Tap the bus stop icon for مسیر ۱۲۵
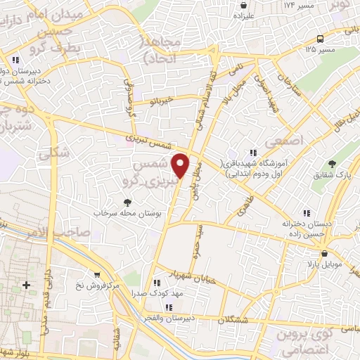pyautogui.click(x=320, y=38)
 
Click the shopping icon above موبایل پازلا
pyautogui.click(x=324, y=255)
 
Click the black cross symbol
pyautogui.click(x=27, y=285)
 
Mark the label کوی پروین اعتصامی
pyautogui.click(x=327, y=340)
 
